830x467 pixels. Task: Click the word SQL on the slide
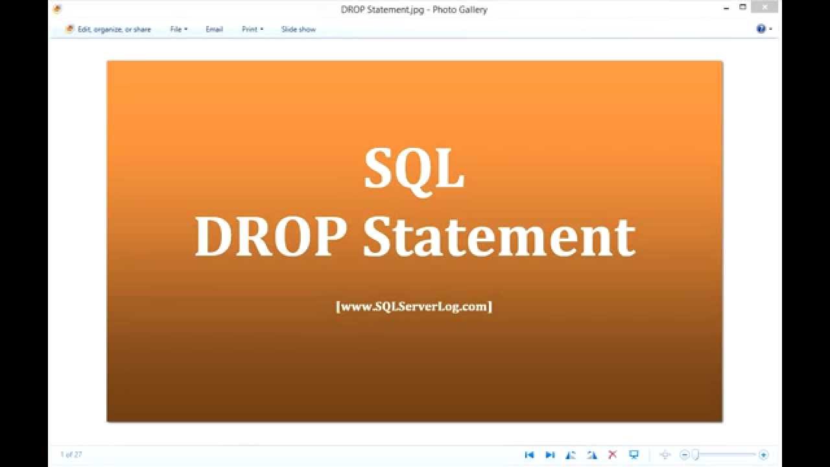pyautogui.click(x=414, y=169)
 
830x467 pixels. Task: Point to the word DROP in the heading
pyautogui.click(x=269, y=237)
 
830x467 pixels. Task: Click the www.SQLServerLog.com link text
pyautogui.click(x=414, y=306)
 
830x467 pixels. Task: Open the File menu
pyautogui.click(x=178, y=29)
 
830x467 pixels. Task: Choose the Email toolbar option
pyautogui.click(x=214, y=29)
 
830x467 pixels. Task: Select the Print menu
pyautogui.click(x=252, y=29)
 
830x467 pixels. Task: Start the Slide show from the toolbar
pyautogui.click(x=298, y=29)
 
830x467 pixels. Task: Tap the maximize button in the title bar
pyautogui.click(x=743, y=7)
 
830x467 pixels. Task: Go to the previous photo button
pyautogui.click(x=529, y=455)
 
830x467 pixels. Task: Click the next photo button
pyautogui.click(x=550, y=455)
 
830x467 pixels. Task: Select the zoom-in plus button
pyautogui.click(x=763, y=455)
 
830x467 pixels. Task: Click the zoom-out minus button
pyautogui.click(x=684, y=455)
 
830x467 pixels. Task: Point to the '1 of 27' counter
pyautogui.click(x=71, y=455)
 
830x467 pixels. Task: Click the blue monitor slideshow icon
pyautogui.click(x=634, y=455)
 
